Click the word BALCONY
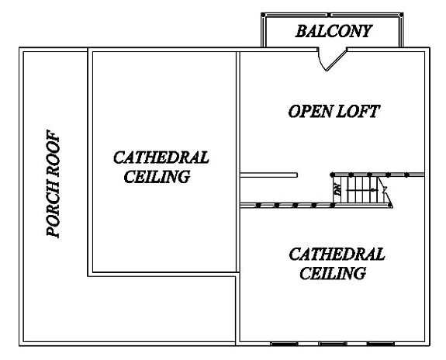coord(334,31)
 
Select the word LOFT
coord(358,111)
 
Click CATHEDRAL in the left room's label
coord(161,157)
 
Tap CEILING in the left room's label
coord(157,176)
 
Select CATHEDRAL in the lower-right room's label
coord(337,254)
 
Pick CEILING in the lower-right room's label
coord(333,273)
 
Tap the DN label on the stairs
coord(338,190)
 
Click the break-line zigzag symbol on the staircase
coord(385,190)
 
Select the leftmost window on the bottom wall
coord(284,344)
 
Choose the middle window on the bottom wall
coord(333,344)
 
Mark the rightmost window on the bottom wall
coord(381,344)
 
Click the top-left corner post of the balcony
coord(263,15)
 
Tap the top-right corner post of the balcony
coord(401,15)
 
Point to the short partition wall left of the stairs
coord(269,175)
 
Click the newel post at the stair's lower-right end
coord(390,205)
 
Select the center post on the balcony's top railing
coord(330,15)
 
